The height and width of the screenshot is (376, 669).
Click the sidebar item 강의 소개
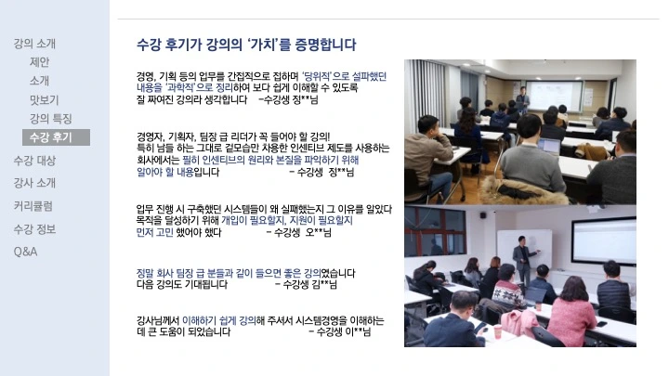[34, 44]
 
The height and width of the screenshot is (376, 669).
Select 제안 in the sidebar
[39, 62]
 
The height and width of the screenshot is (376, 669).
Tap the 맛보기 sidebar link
[44, 99]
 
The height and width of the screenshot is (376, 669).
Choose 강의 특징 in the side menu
[50, 118]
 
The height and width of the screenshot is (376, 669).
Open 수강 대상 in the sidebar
[34, 160]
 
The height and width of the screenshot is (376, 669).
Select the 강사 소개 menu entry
[34, 182]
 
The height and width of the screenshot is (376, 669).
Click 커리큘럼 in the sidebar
[33, 205]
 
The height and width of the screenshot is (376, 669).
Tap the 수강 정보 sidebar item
[34, 228]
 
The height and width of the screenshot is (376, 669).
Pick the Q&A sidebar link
[25, 252]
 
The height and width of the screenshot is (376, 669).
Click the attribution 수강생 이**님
[343, 331]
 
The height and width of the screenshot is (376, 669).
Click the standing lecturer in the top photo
[522, 99]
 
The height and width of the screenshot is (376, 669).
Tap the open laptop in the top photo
[549, 146]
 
